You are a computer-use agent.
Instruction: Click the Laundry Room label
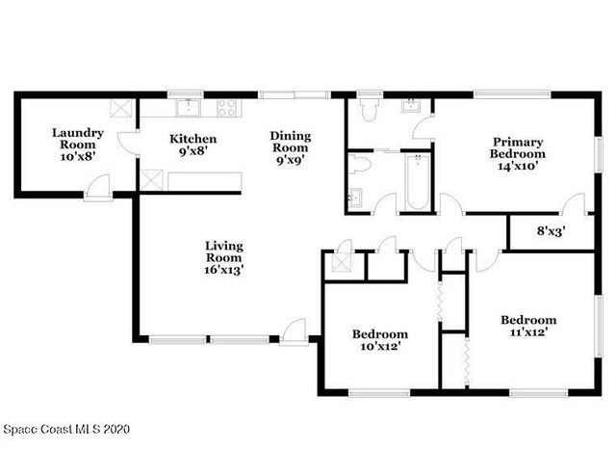[x=78, y=145]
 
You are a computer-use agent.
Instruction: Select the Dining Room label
[x=289, y=148]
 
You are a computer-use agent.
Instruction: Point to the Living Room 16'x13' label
[x=223, y=258]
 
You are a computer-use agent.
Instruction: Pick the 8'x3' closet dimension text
[x=551, y=231]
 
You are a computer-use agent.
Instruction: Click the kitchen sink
[x=187, y=106]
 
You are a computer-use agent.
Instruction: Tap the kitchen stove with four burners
[x=227, y=106]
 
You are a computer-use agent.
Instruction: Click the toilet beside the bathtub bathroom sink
[x=359, y=165]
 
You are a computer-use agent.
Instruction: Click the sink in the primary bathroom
[x=410, y=104]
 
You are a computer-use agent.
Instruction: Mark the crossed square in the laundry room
[x=122, y=107]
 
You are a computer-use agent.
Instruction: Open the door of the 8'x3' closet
[x=575, y=205]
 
